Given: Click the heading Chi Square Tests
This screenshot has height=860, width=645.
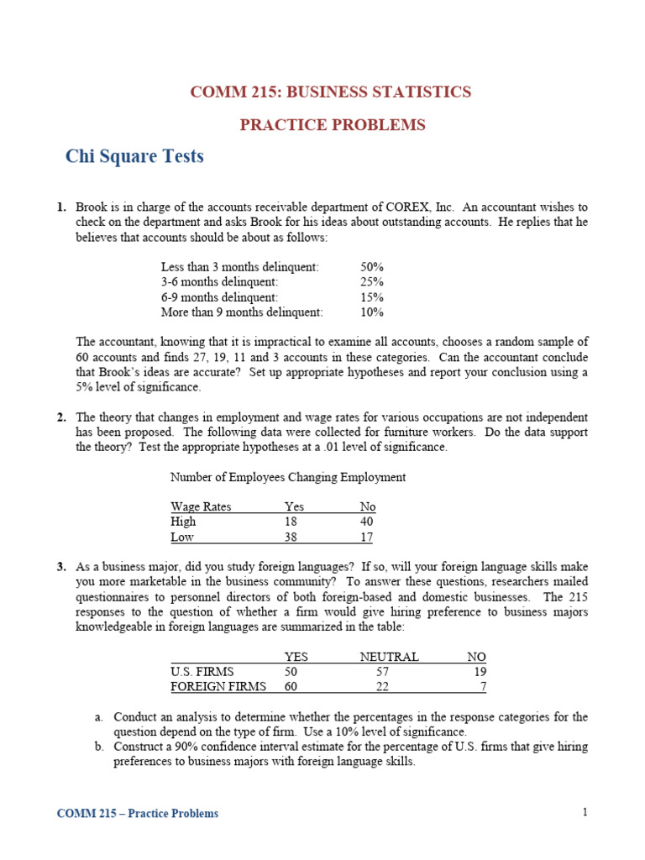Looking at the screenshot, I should (134, 156).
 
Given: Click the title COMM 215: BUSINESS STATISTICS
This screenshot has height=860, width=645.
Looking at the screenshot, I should (331, 92).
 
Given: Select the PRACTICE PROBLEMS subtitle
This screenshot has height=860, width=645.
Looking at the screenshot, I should (333, 125).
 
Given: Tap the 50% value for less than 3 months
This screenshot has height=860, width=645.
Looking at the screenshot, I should (372, 266).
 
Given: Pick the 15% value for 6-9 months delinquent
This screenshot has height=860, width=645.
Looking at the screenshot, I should (372, 296).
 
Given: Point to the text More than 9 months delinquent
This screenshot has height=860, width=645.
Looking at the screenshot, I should (242, 312).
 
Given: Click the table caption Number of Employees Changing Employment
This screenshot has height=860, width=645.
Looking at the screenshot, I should (288, 477).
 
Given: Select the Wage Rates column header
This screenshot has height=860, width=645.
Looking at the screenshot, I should (201, 506).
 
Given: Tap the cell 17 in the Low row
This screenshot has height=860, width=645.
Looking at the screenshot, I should (367, 537).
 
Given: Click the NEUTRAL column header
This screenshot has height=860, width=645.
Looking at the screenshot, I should (389, 657).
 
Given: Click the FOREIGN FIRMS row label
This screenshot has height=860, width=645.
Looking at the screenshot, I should (218, 687).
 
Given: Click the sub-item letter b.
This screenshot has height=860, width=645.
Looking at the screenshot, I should (98, 747).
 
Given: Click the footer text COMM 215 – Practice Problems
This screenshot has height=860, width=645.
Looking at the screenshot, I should (138, 813).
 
